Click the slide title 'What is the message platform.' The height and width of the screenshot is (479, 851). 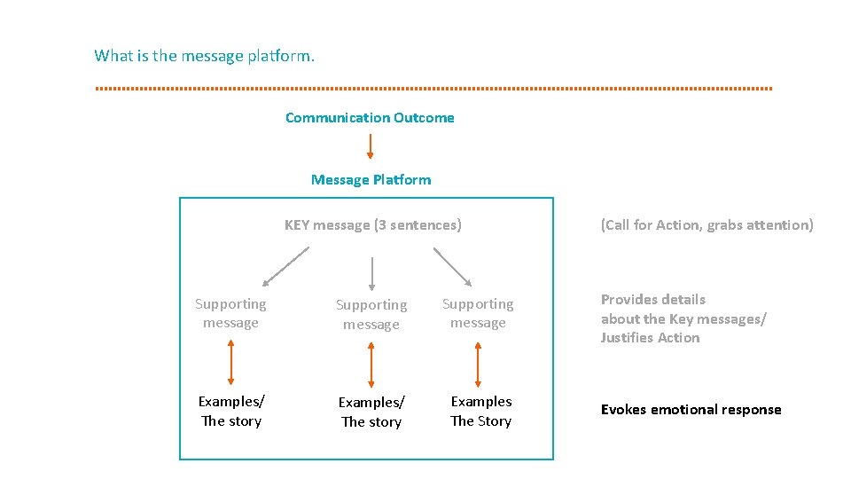point(204,56)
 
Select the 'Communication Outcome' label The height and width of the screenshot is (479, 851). point(370,118)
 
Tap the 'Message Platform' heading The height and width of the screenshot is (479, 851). point(371,180)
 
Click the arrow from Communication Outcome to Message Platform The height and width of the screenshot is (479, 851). point(371,146)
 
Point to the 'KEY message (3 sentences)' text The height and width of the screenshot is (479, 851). point(372,225)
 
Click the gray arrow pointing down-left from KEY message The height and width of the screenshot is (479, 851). point(285,266)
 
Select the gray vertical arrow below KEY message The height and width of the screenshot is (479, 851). point(371,273)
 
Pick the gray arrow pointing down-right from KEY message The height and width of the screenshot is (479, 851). point(453,266)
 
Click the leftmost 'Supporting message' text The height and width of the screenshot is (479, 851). point(230,313)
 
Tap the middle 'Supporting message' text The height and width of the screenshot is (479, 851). point(371,314)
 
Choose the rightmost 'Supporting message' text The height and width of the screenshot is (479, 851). point(478,313)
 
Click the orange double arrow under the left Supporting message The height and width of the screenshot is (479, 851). point(231,362)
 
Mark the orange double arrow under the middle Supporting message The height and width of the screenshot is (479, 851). point(371,364)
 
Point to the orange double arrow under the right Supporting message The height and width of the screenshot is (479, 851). point(478,364)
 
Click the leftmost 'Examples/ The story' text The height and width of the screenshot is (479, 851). point(231,412)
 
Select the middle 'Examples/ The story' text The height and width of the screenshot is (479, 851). point(371,412)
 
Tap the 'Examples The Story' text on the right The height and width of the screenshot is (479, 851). point(480,412)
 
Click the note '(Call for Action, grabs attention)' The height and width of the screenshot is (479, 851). point(707,225)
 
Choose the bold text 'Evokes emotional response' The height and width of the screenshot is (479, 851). point(691,410)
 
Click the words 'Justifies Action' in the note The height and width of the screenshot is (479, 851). point(650,338)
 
